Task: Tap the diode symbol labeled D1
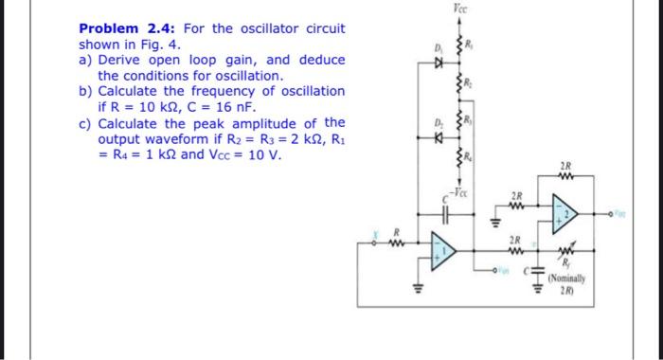pyautogui.click(x=438, y=67)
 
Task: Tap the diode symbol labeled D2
pyautogui.click(x=438, y=135)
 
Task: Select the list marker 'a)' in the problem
pyautogui.click(x=85, y=60)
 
